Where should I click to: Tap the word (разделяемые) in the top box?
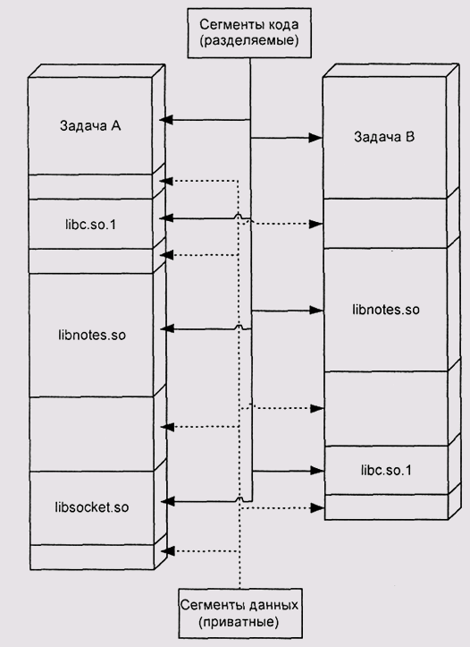tap(249, 41)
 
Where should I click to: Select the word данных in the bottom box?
tap(273, 605)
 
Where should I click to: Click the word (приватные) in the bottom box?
tap(238, 622)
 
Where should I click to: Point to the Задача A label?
tap(90, 125)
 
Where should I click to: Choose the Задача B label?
tap(384, 137)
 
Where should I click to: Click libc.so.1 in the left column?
tap(90, 225)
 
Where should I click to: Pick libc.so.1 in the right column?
tap(386, 471)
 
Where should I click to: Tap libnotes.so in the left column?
tap(92, 335)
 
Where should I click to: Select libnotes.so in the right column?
tap(386, 310)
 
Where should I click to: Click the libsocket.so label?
tap(92, 507)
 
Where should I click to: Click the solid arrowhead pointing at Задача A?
tap(166, 120)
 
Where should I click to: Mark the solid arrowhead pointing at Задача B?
tap(315, 138)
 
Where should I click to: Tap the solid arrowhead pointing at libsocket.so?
tap(168, 502)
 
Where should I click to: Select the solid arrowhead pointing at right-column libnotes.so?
tap(316, 310)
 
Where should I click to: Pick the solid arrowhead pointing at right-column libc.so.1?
tap(317, 471)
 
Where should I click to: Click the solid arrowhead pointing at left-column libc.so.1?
tap(166, 217)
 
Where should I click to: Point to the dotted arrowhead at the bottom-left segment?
tap(168, 551)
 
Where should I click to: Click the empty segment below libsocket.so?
tap(92, 557)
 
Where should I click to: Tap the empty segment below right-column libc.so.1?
tap(386, 507)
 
